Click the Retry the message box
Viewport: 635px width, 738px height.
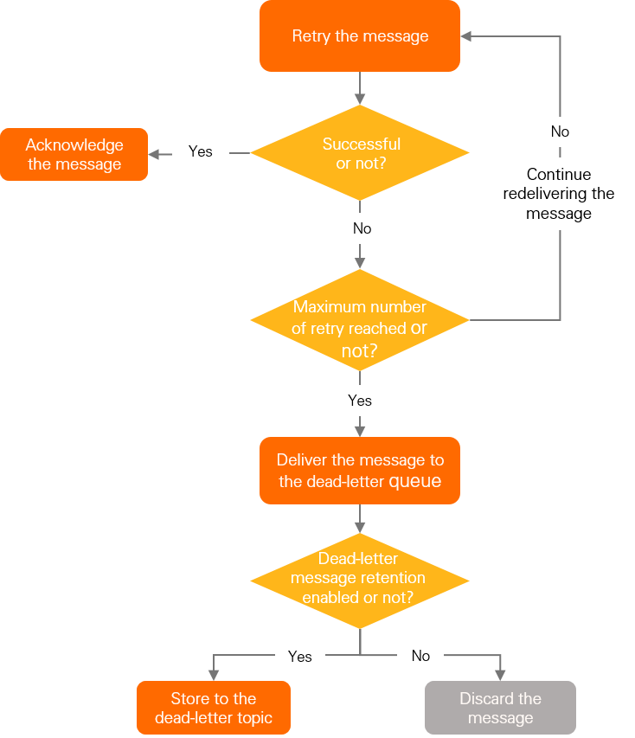(360, 36)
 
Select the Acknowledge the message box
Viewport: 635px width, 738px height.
(74, 155)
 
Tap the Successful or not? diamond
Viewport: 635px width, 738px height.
(360, 153)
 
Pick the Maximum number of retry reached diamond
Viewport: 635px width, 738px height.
(360, 319)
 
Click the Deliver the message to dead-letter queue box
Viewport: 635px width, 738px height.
(360, 471)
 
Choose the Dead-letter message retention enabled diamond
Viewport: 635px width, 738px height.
(360, 579)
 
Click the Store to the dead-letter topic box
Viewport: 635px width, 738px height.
(214, 708)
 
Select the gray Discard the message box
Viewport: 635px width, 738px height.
(500, 708)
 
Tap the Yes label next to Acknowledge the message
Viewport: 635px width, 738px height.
(200, 151)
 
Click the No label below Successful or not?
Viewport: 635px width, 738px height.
(362, 228)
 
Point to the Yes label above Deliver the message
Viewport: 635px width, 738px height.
(360, 400)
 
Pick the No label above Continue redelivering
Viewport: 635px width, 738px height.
(560, 132)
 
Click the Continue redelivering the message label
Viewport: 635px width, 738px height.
(559, 194)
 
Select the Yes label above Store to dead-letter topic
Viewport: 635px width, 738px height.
(299, 656)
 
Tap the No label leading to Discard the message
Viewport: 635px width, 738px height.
(420, 656)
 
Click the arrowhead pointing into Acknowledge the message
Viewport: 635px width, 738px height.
(154, 153)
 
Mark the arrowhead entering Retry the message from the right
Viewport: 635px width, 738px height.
(466, 36)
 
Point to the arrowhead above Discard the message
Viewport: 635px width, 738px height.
(500, 675)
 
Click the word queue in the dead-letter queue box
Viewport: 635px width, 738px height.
(414, 481)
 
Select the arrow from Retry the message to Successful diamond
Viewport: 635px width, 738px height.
(360, 87)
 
